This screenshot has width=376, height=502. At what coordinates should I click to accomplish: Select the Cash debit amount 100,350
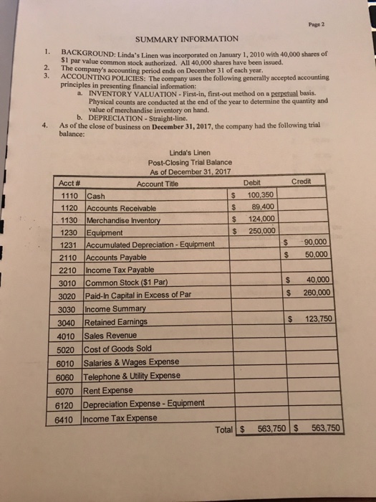260,195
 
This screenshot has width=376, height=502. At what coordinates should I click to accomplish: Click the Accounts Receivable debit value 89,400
262,207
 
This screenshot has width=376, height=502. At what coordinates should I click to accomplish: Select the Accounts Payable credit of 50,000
317,255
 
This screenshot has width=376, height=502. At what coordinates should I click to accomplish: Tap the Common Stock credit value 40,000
318,280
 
